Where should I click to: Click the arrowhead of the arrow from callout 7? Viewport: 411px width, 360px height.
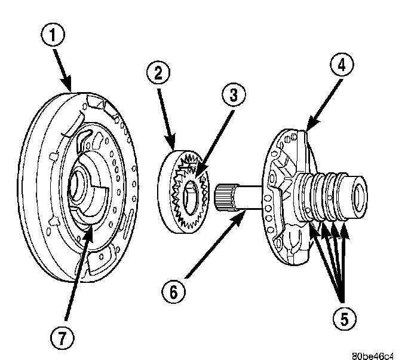90,231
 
